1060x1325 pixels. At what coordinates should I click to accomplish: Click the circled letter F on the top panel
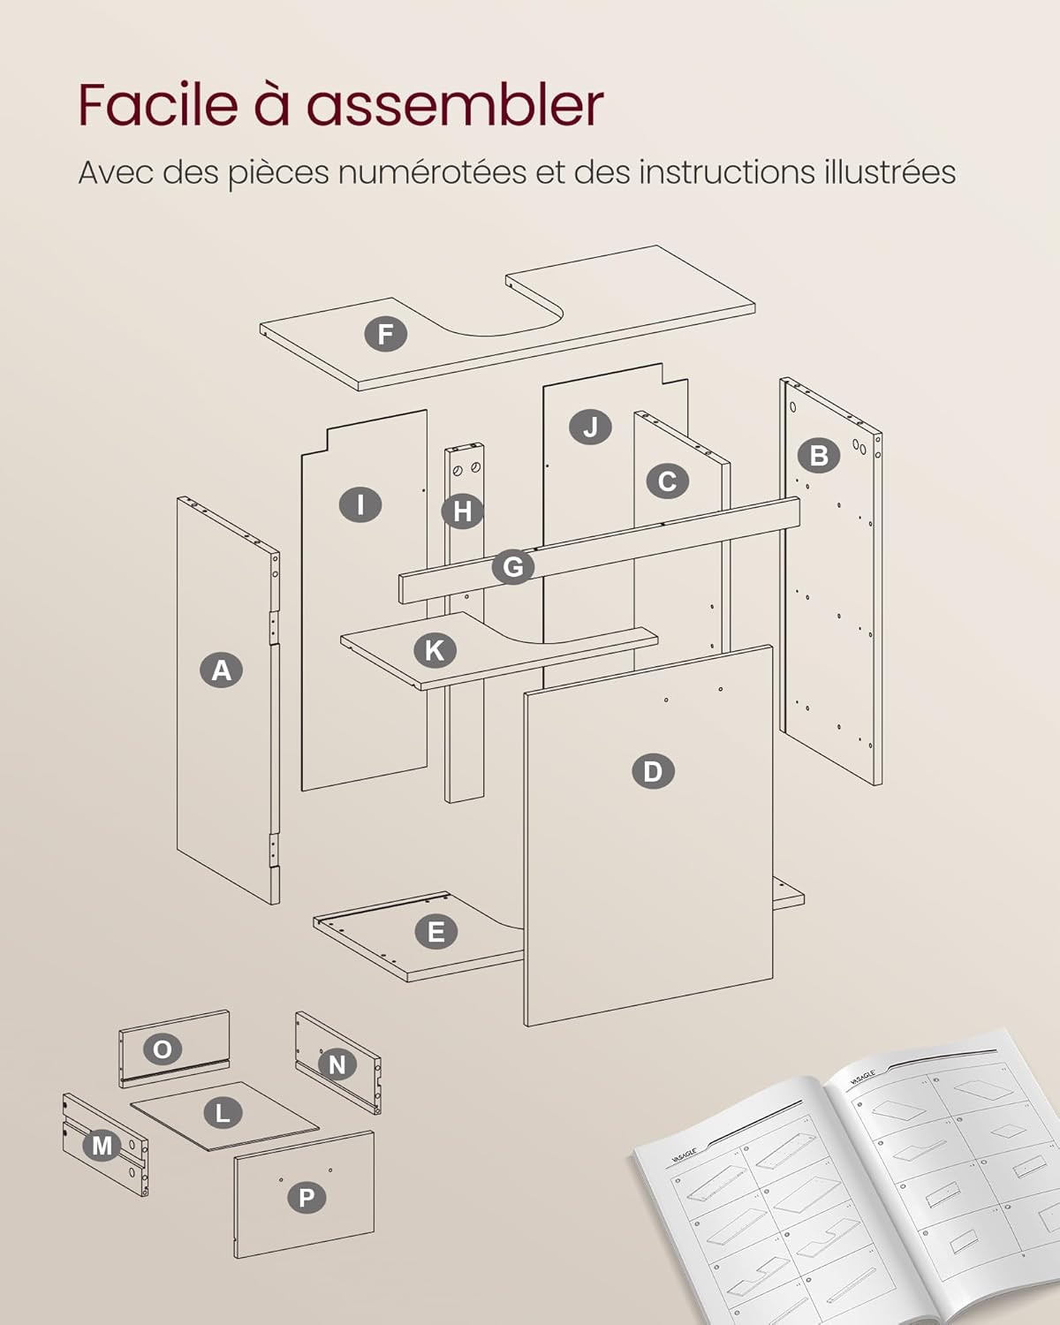[x=386, y=335]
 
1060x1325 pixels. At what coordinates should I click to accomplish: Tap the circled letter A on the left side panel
[x=221, y=670]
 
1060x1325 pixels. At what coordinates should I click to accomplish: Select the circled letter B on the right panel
[x=819, y=455]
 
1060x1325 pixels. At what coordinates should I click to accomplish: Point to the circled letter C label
[x=667, y=481]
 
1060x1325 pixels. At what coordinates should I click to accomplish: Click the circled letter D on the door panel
[x=653, y=771]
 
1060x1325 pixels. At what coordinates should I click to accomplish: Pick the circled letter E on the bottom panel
[x=435, y=932]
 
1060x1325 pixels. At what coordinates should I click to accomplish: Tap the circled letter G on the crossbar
[x=513, y=566]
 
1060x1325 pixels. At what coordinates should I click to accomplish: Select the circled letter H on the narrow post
[x=463, y=511]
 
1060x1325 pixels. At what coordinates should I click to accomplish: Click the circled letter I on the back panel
[x=360, y=504]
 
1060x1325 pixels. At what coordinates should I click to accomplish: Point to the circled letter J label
[x=590, y=428]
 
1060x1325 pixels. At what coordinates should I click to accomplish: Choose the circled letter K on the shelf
[x=435, y=650]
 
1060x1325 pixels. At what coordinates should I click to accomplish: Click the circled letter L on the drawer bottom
[x=223, y=1113]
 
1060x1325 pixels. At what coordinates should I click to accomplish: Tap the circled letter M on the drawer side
[x=102, y=1146]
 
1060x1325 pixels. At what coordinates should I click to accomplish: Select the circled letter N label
[x=337, y=1064]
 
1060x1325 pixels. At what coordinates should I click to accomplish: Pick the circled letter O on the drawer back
[x=163, y=1049]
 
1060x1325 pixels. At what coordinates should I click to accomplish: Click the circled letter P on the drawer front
[x=307, y=1198]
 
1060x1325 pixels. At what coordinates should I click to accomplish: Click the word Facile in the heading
[x=158, y=105]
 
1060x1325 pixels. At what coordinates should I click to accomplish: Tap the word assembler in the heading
[x=455, y=105]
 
